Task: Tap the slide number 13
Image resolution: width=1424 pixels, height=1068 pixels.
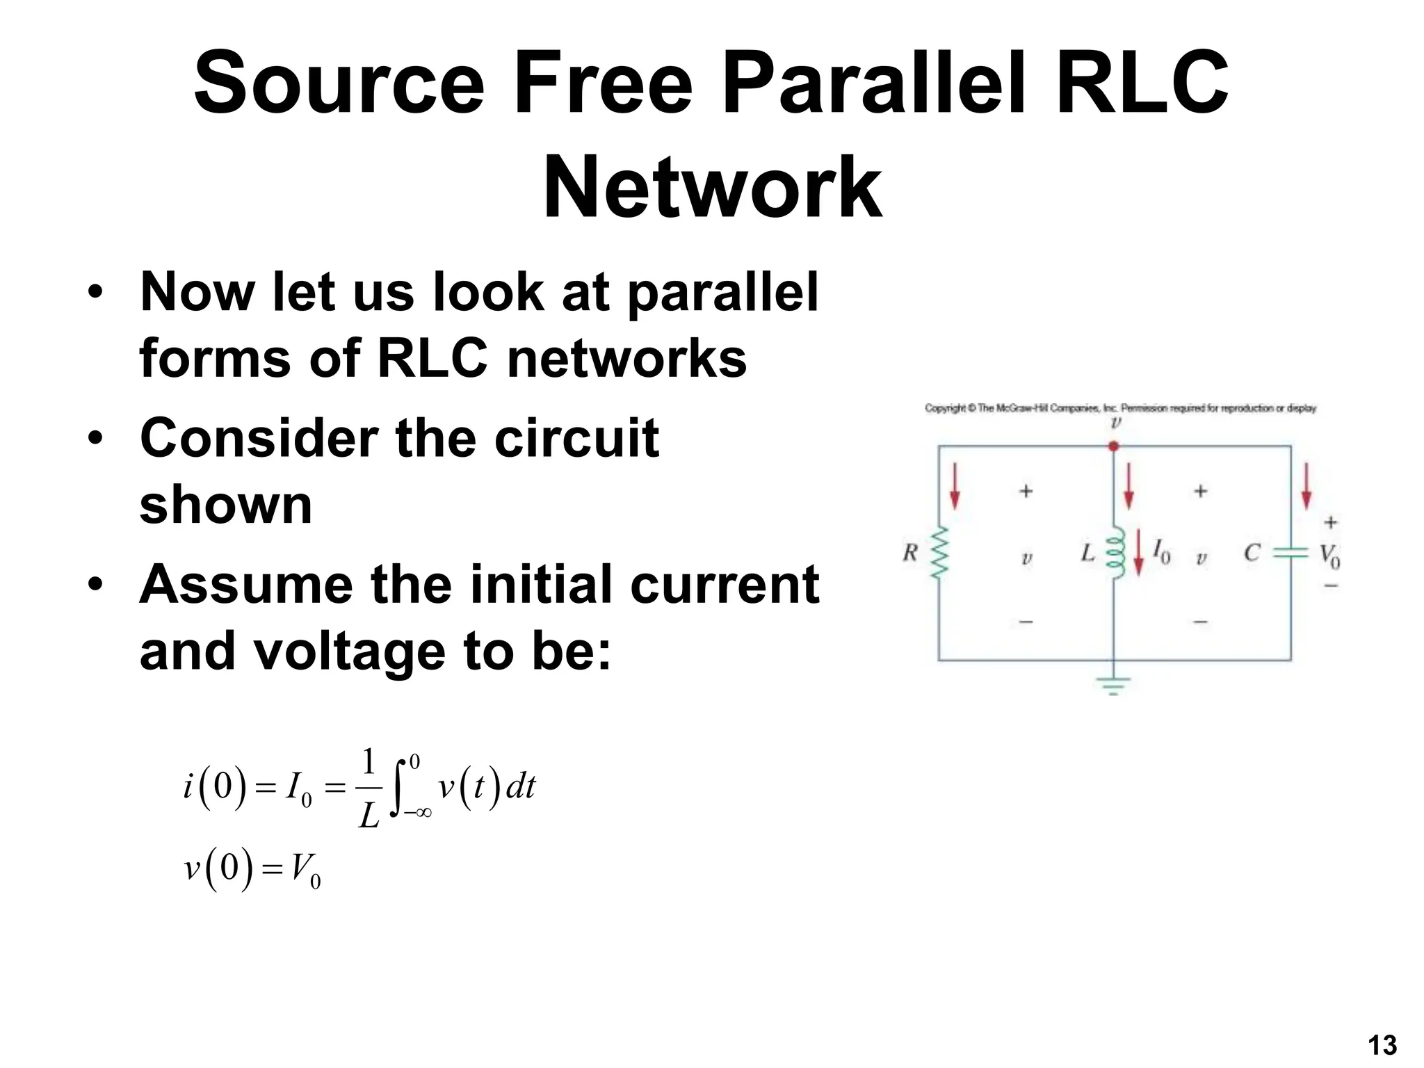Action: [x=1382, y=1045]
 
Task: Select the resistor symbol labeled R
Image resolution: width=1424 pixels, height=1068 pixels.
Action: [x=939, y=552]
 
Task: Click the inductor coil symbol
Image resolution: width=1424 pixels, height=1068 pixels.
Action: [x=1115, y=553]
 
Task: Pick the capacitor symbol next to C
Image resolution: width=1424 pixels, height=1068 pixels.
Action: [x=1291, y=553]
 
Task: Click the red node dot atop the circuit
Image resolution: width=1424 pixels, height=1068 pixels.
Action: [x=1114, y=446]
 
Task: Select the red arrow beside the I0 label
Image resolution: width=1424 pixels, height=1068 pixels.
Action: [x=1138, y=553]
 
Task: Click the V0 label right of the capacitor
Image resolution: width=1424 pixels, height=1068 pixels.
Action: [x=1329, y=556]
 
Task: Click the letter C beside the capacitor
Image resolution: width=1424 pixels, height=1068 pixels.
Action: [x=1252, y=553]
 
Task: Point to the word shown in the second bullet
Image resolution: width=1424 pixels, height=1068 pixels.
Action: [x=226, y=505]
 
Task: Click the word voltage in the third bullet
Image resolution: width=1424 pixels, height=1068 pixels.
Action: [x=350, y=652]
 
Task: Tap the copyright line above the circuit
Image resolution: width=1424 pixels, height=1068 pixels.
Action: [x=1120, y=408]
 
